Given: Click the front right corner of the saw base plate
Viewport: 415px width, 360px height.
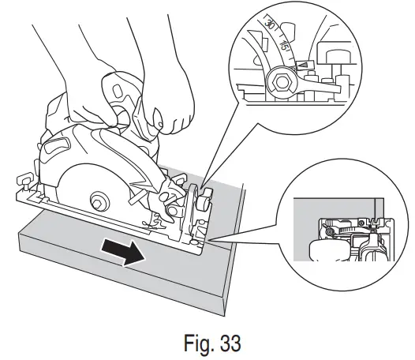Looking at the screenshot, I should pos(204,252).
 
